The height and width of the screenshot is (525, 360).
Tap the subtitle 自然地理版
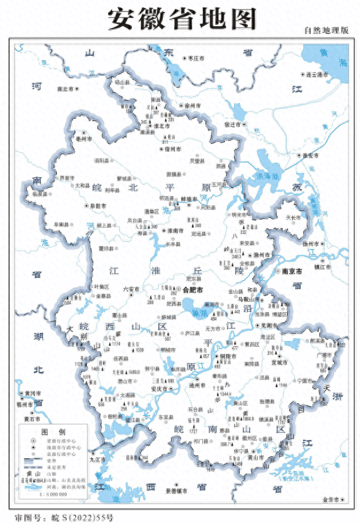click(x=326, y=30)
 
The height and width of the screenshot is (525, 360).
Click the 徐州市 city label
click(x=192, y=107)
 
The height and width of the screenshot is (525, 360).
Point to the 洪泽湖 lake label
click(x=267, y=176)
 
